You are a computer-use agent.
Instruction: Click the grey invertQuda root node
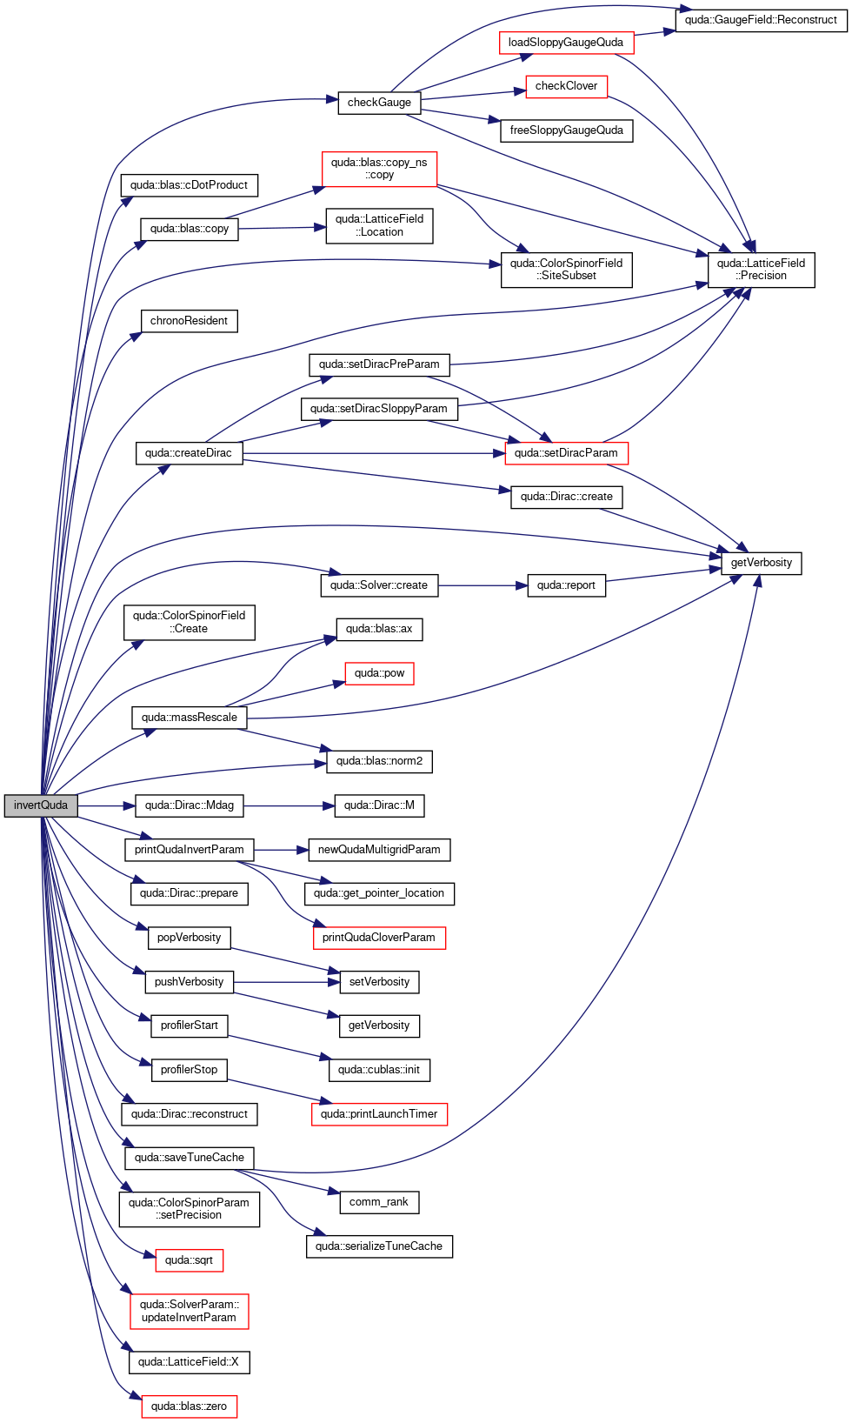coord(41,805)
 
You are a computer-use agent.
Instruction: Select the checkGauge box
coord(379,103)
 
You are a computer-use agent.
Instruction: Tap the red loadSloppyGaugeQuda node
coord(566,43)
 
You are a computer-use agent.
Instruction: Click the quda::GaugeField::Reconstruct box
coord(761,20)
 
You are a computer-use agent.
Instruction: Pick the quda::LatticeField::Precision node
coord(762,270)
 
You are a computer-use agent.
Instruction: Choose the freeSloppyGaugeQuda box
coord(566,130)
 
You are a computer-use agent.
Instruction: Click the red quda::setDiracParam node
coord(566,453)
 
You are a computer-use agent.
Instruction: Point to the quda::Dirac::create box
coord(566,498)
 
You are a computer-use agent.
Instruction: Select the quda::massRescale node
coord(190,718)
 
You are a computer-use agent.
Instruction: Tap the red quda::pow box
coord(379,673)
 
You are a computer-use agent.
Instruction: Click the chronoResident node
coord(190,321)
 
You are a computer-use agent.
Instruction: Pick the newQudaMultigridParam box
coord(379,850)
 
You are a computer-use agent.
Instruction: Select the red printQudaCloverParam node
coord(379,939)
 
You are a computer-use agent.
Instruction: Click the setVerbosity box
coord(379,982)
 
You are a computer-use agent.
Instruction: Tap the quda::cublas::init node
coord(379,1071)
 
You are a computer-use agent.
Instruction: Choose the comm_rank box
coord(379,1203)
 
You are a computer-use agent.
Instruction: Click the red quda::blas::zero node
coord(190,1406)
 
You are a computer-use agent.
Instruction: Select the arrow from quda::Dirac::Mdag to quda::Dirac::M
coord(289,806)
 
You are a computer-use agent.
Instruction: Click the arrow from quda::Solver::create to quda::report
coord(483,585)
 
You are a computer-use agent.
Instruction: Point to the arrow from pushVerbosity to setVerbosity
coord(287,983)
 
